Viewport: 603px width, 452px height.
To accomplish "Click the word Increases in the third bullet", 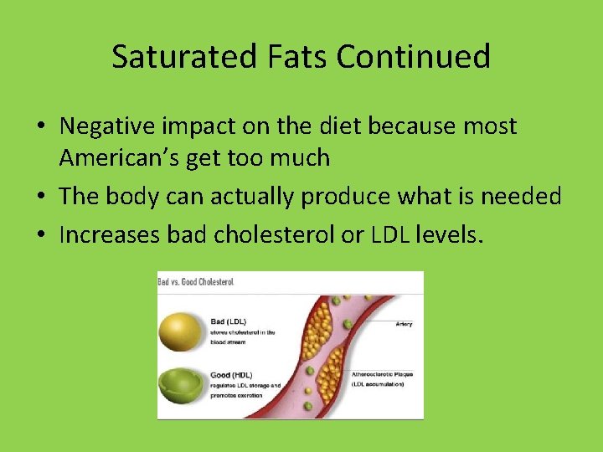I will tap(110, 235).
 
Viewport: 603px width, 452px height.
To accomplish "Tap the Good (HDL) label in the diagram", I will tap(232, 375).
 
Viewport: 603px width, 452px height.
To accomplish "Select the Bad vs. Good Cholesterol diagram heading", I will tap(198, 282).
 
